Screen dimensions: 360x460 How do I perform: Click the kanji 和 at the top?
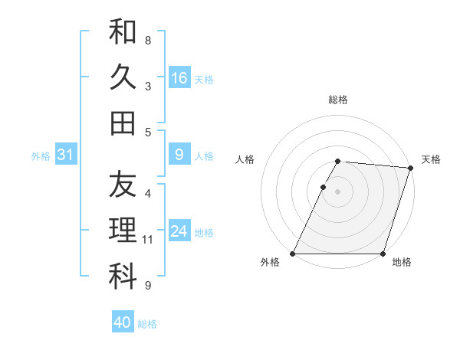(x=123, y=33)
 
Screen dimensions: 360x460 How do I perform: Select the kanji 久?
(x=123, y=77)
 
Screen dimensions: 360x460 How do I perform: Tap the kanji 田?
(x=123, y=123)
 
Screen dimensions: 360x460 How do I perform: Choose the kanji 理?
(x=123, y=230)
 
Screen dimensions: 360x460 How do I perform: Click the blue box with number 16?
(x=179, y=78)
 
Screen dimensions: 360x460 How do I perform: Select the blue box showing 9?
(x=179, y=155)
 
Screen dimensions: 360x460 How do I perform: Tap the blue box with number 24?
(x=179, y=231)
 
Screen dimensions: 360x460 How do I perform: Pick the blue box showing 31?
(x=65, y=155)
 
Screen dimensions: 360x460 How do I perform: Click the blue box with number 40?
(x=123, y=322)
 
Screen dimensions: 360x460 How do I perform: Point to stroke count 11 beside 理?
(x=148, y=240)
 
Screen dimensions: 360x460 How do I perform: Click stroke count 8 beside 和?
(x=148, y=40)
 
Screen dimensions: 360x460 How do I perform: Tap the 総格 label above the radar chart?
(x=337, y=100)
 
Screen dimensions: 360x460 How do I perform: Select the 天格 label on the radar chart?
(x=431, y=159)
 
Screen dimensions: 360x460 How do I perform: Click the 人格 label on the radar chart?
(x=245, y=159)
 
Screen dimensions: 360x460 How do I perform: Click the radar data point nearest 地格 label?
(x=383, y=254)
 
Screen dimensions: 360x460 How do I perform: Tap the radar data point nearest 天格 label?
(x=411, y=168)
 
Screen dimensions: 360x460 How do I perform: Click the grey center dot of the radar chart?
(x=337, y=191)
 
